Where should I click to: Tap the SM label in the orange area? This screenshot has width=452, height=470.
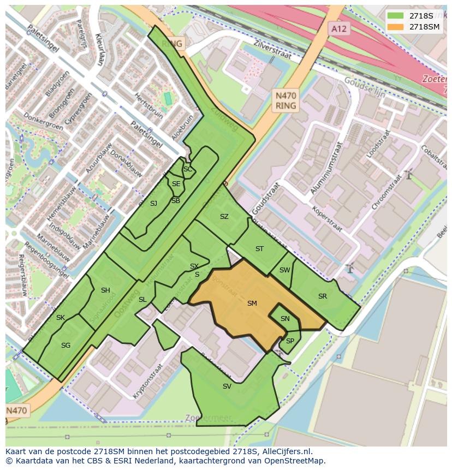click(252, 304)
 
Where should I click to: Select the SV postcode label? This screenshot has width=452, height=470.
click(227, 386)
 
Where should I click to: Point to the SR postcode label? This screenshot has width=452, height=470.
click(323, 296)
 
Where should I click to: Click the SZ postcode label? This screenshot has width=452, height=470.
click(224, 217)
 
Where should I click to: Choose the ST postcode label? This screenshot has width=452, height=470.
click(259, 249)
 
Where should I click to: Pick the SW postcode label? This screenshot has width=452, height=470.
click(284, 270)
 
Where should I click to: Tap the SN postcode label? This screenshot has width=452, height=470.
click(285, 319)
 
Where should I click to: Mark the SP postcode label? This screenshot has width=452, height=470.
click(290, 341)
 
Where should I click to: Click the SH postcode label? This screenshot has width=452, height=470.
click(105, 290)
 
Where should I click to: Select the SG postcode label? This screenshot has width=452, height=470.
click(66, 346)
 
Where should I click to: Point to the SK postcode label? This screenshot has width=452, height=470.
click(61, 318)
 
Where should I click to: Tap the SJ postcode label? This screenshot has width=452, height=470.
click(153, 204)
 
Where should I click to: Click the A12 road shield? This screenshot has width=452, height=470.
click(339, 28)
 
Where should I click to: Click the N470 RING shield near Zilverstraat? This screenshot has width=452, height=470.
click(286, 100)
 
